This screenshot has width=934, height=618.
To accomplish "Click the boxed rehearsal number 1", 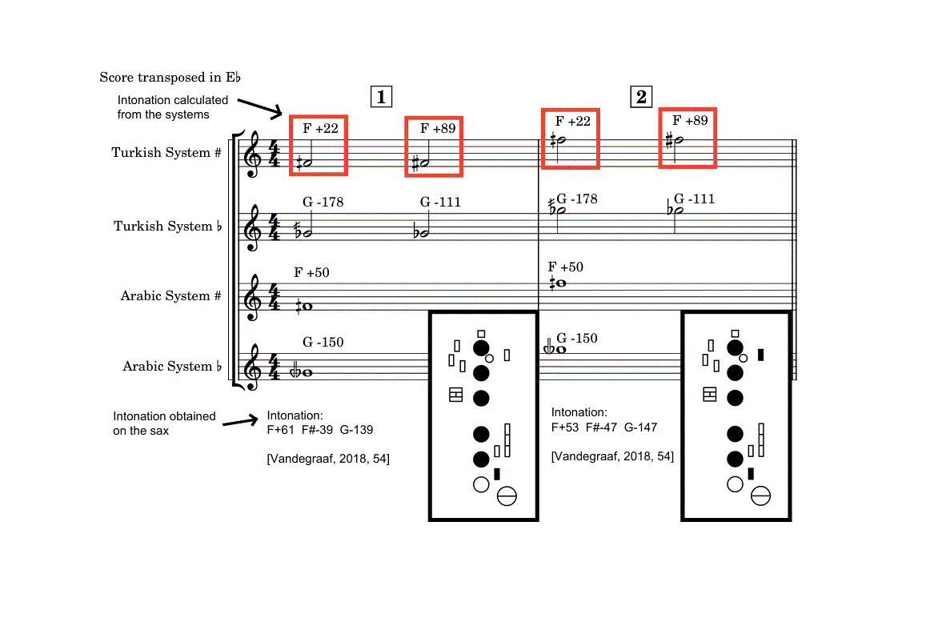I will pyautogui.click(x=381, y=98).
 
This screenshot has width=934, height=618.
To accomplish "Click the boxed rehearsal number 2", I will pyautogui.click(x=641, y=98).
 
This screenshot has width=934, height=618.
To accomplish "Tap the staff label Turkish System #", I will pyautogui.click(x=166, y=152).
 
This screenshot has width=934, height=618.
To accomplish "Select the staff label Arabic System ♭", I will pyautogui.click(x=172, y=366).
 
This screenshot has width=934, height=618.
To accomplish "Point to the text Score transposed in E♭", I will pyautogui.click(x=170, y=78).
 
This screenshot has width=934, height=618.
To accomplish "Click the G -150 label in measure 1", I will pyautogui.click(x=323, y=343).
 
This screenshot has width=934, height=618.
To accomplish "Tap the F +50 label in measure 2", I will pyautogui.click(x=566, y=267).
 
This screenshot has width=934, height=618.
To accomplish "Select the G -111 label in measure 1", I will pyautogui.click(x=440, y=202).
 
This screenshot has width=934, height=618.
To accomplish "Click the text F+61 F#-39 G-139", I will pyautogui.click(x=320, y=430).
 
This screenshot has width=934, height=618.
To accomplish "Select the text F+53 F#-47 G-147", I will pyautogui.click(x=604, y=427).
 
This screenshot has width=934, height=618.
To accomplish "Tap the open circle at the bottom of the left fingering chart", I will pyautogui.click(x=481, y=484).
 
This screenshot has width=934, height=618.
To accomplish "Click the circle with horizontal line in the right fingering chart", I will pyautogui.click(x=760, y=497).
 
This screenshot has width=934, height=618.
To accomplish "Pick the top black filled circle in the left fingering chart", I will pyautogui.click(x=481, y=348).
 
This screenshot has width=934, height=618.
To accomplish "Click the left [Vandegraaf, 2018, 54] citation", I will pyautogui.click(x=328, y=459).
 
